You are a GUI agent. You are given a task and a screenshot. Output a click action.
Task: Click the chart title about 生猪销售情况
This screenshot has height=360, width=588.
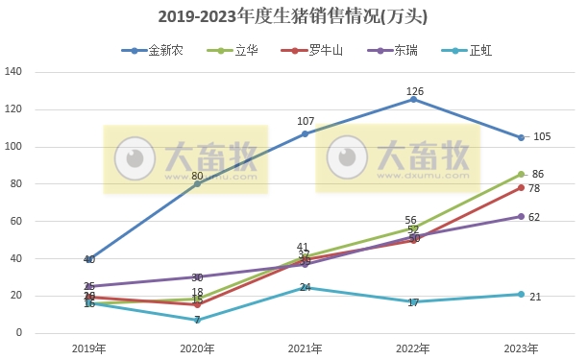coord(293,16)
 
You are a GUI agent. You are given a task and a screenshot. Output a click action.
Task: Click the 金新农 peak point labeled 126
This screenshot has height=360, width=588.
coord(413,99)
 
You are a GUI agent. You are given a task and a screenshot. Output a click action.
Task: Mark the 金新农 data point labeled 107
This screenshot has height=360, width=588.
coord(306,133)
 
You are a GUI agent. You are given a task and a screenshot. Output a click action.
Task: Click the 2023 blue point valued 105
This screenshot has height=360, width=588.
coord(521,137)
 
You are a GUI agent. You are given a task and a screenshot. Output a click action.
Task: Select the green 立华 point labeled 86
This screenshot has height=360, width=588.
coord(521,174)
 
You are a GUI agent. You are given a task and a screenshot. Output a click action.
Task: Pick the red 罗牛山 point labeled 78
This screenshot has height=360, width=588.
coord(521,187)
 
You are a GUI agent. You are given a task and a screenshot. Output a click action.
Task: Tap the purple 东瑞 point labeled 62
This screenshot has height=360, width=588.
coord(521,217)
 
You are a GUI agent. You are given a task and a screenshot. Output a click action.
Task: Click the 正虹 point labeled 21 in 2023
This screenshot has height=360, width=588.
coord(521,294)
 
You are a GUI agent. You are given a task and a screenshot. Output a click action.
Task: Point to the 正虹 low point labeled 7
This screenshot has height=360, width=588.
coord(197,320)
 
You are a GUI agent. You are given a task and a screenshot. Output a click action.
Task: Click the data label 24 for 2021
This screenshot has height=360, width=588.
coord(305,287)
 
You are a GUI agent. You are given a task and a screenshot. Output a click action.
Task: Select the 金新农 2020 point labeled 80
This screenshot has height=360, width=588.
coord(197,183)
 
